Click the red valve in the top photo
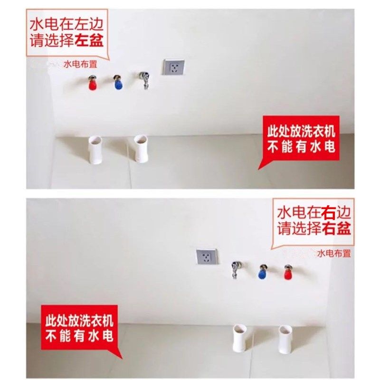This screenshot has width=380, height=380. click(93, 85)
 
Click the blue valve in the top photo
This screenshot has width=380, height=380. click(117, 83)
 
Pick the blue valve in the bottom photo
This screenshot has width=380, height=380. click(262, 273)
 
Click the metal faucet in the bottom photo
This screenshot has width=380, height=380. click(235, 269)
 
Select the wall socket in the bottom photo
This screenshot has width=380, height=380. click(207, 256)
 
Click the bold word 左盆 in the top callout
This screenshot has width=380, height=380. click(88, 40)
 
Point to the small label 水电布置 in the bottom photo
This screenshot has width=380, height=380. click(334, 253)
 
